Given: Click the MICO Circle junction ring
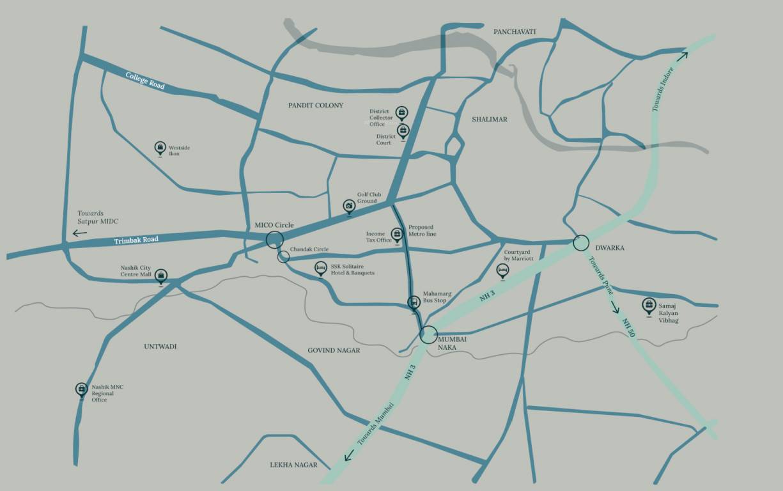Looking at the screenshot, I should click(x=274, y=239).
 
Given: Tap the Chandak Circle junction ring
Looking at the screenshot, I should click(x=283, y=256).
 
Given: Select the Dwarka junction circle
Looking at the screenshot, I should click(x=581, y=243).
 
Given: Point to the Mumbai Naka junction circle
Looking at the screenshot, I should click(x=428, y=334).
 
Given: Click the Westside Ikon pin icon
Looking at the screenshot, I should click(x=160, y=148).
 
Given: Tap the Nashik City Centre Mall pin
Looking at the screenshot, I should click(x=161, y=276).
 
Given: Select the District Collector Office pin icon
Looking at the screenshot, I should click(x=401, y=114).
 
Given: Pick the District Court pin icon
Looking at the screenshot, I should click(x=403, y=132).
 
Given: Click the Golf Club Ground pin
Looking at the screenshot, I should click(x=349, y=206).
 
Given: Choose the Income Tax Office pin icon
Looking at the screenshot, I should click(x=397, y=235).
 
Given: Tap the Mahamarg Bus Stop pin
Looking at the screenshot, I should click(x=414, y=302).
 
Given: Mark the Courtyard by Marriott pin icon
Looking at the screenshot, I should click(x=503, y=271).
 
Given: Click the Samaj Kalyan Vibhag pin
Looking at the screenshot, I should click(x=649, y=306).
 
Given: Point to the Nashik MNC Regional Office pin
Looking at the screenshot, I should click(x=81, y=389).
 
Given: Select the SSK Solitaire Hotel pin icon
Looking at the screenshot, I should click(x=321, y=269).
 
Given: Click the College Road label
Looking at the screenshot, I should click(x=145, y=80).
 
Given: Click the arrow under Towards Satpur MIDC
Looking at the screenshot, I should click(x=80, y=233).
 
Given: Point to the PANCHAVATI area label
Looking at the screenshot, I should click(x=515, y=32).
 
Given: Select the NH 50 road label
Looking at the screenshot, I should click(x=627, y=332).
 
